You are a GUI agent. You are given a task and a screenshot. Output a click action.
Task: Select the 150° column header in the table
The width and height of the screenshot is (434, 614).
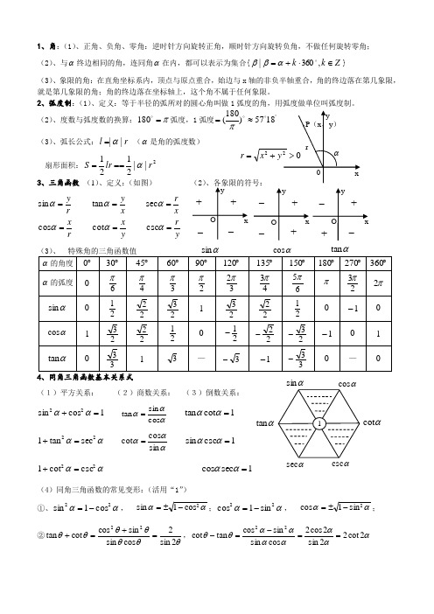tap(298, 262)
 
